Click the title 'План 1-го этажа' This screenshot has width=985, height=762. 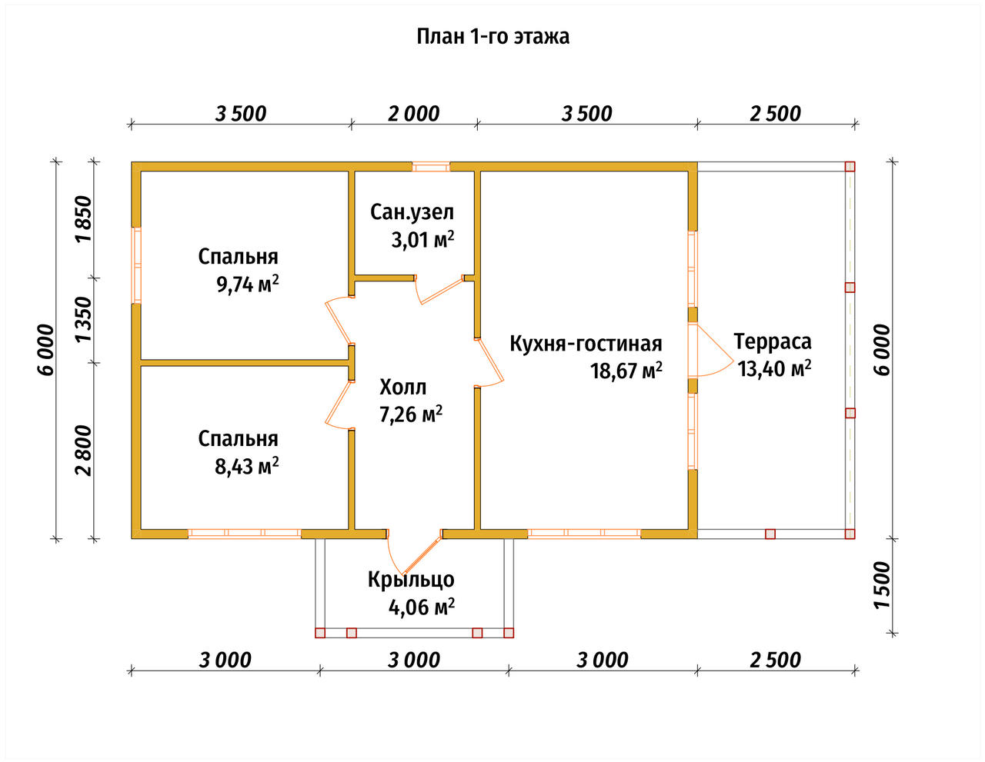coord(492,37)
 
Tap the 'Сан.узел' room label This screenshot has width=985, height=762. coord(412,212)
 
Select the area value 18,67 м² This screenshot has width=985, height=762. coord(626,371)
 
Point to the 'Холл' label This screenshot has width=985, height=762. coord(402,387)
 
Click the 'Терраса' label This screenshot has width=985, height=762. coord(773,341)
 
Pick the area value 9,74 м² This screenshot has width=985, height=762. coord(248,285)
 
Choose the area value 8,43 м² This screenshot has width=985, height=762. coord(246,466)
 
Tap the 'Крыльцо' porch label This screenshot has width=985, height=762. coord(411,580)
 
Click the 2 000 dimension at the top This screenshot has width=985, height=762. coord(413,114)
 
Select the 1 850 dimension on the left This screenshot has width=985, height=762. coord(85,219)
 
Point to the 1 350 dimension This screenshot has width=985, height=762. coord(85,320)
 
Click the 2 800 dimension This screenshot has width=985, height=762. coord(85,451)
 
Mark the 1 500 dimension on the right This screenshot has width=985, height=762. coord(882,585)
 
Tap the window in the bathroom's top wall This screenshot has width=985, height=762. coord(431,167)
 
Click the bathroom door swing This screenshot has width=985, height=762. coord(440,290)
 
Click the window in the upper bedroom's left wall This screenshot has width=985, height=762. coord(136,265)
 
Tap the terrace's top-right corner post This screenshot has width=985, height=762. coord(850,167)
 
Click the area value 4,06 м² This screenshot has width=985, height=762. coord(422,607)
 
